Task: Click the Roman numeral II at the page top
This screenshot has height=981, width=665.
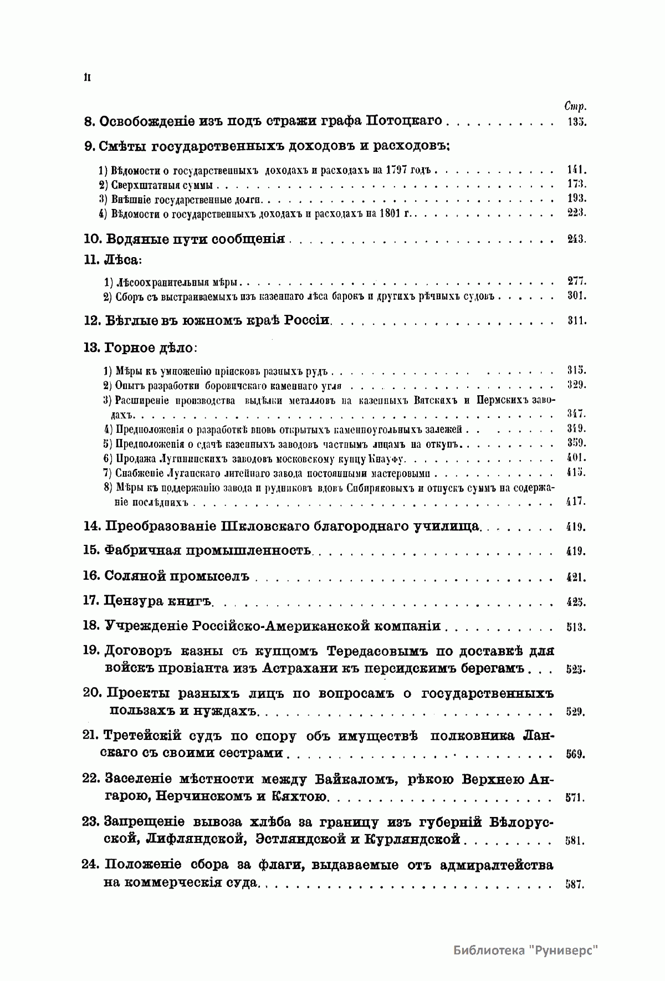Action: [x=87, y=78]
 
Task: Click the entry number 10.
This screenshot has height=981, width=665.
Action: [x=91, y=239]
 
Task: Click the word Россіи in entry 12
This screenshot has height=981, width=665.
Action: [x=307, y=320]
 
